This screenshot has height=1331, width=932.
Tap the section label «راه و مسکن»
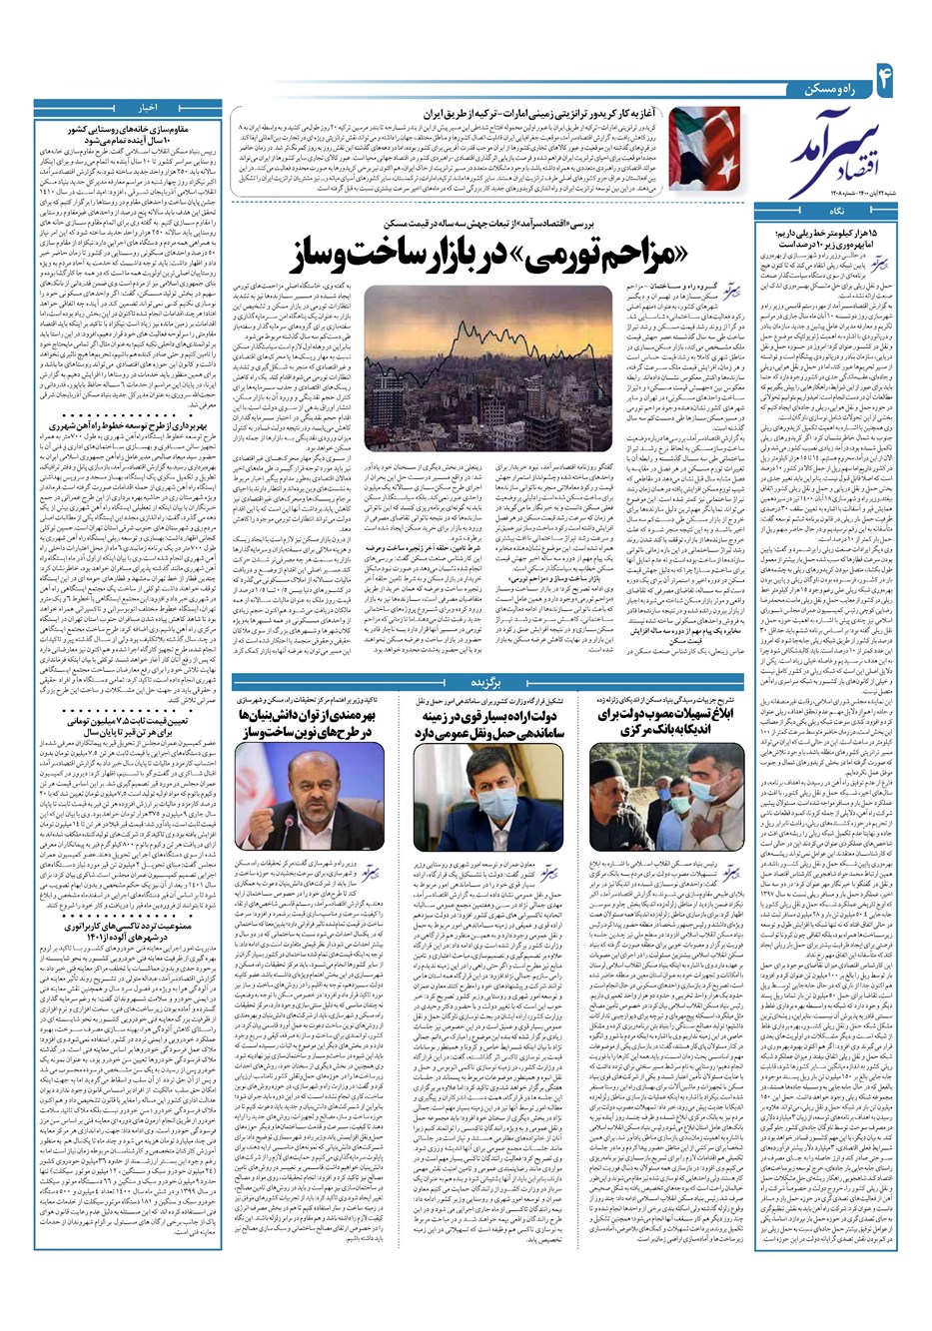tap(829, 90)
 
